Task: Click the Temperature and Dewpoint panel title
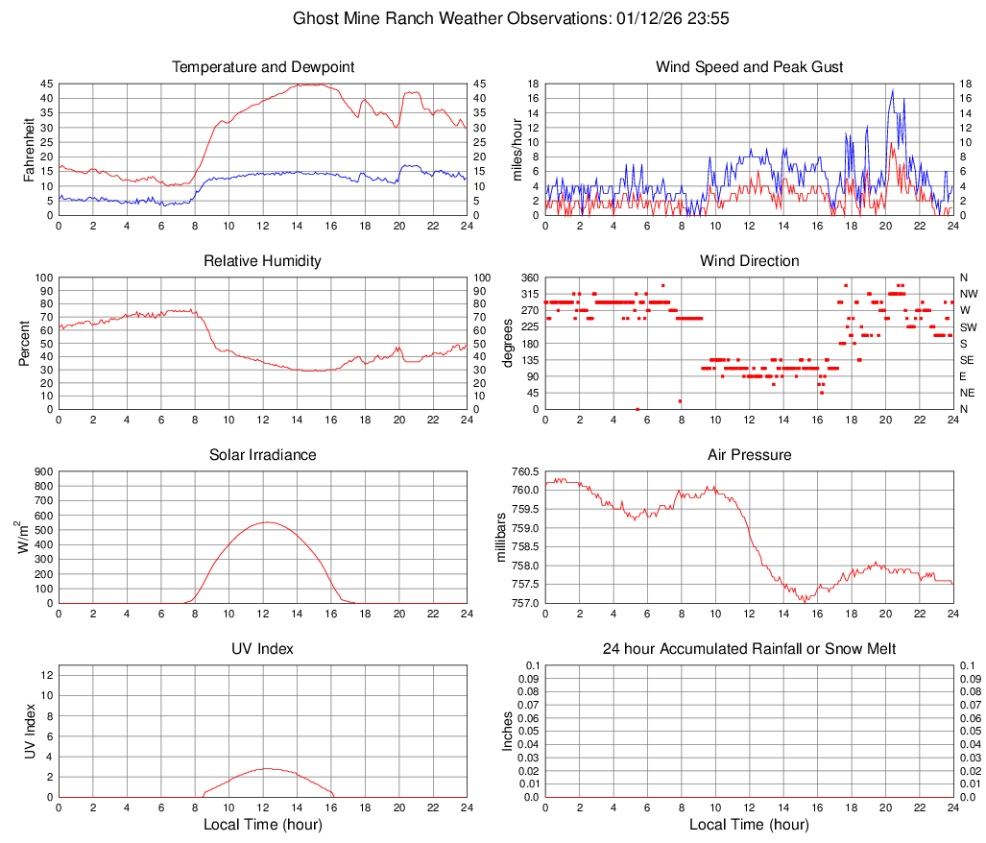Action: click(263, 67)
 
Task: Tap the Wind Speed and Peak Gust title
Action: click(750, 67)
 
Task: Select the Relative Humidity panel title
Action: click(263, 261)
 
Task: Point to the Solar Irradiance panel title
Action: click(263, 455)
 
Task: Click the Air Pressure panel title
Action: click(750, 455)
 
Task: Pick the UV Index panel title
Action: click(263, 649)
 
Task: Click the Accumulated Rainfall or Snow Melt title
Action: click(750, 649)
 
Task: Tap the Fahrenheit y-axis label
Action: click(29, 150)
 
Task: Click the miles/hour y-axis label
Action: click(516, 150)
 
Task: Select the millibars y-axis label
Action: click(502, 538)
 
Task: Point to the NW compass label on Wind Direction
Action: click(969, 294)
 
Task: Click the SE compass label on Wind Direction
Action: click(968, 360)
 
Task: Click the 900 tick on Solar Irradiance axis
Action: click(43, 471)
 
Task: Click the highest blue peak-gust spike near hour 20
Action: click(893, 90)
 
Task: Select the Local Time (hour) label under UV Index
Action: click(263, 825)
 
